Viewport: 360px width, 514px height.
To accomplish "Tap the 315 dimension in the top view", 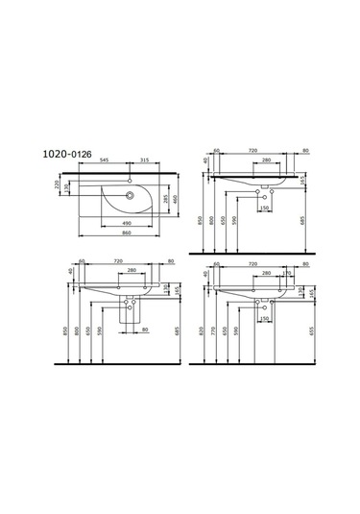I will (x=143, y=161).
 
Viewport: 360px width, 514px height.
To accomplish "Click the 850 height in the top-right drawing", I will (x=199, y=221).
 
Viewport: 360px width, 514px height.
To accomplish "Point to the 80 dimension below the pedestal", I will (x=144, y=330).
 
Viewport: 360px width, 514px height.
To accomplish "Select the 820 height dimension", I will (x=199, y=331).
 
